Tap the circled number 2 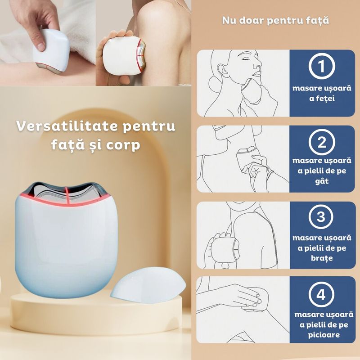click(x=321, y=144)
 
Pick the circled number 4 click(x=321, y=295)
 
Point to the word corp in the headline click(x=122, y=146)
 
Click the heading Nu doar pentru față click(x=275, y=20)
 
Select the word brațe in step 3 click(x=321, y=258)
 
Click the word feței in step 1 click(x=321, y=99)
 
